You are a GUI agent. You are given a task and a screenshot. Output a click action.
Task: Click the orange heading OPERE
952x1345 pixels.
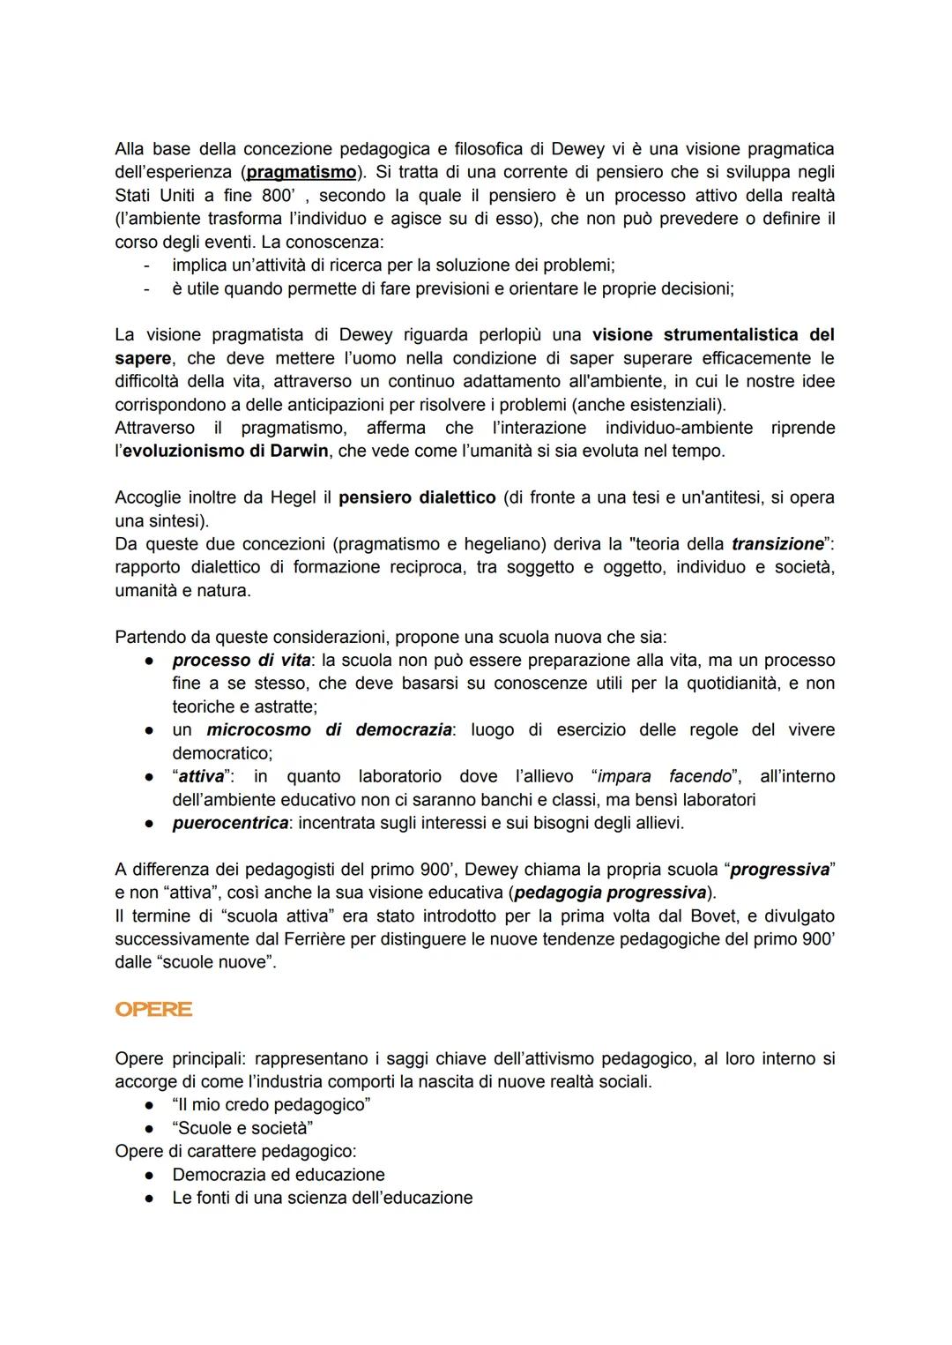point(153,1010)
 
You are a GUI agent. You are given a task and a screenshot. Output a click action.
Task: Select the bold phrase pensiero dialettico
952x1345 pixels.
point(417,497)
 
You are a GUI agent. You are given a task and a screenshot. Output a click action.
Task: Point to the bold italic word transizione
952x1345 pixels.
point(777,543)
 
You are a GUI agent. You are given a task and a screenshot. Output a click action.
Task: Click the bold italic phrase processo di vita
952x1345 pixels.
point(235,660)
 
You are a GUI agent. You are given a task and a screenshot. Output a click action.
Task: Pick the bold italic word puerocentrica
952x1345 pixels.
point(230,823)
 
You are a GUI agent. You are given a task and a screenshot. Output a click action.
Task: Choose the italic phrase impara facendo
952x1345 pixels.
point(664,776)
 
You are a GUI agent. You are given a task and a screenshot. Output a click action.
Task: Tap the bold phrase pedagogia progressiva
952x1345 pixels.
point(611,893)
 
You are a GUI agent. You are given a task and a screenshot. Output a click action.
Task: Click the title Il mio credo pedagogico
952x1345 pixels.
point(271,1104)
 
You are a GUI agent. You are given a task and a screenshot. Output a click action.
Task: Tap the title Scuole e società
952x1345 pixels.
point(243,1128)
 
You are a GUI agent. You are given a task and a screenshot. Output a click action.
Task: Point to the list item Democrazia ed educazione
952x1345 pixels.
point(279,1175)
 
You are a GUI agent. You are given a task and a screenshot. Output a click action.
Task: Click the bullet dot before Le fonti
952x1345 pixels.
point(151,1198)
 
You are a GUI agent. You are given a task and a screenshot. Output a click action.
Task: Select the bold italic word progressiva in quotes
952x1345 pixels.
point(780,870)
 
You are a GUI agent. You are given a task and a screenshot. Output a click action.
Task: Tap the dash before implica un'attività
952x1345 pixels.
point(147,265)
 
